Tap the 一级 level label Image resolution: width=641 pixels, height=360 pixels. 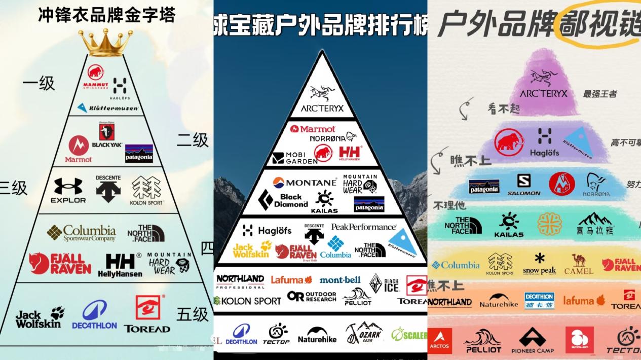[x=39, y=83]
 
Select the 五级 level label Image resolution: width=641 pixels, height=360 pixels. [x=193, y=314]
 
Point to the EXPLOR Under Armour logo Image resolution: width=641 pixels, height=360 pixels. [x=68, y=190]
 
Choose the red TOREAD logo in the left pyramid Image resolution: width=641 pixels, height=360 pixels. [x=147, y=314]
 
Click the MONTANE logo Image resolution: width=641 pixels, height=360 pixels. [x=305, y=182]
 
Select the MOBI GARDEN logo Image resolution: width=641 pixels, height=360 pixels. [x=294, y=158]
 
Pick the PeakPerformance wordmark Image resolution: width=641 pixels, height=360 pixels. [x=363, y=227]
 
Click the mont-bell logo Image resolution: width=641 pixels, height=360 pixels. [x=340, y=280]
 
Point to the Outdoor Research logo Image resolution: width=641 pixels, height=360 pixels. [x=312, y=296]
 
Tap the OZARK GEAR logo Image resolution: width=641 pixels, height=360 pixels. [x=363, y=333]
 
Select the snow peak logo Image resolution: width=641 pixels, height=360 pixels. [x=539, y=264]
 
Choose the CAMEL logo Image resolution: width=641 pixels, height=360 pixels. [x=578, y=264]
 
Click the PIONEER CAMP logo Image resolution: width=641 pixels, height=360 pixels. [x=532, y=340]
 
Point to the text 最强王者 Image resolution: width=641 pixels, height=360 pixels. [x=600, y=94]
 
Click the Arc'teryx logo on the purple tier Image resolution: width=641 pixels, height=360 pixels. [x=544, y=84]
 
